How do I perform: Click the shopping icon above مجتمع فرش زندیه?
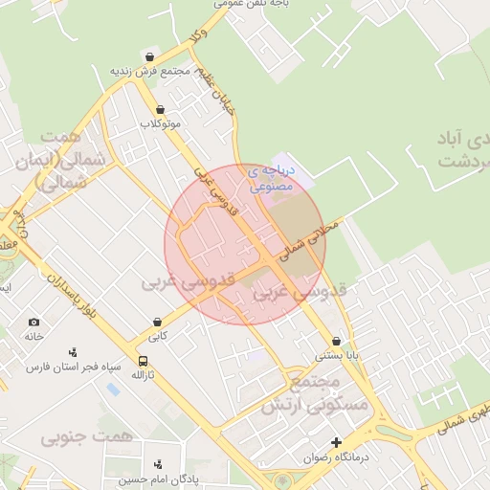point(148,56)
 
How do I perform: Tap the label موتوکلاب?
point(160,124)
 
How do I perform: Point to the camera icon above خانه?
point(34,323)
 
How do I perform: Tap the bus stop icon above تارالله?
point(143,362)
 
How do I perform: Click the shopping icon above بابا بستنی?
point(336,342)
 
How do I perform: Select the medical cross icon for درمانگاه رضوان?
point(336,442)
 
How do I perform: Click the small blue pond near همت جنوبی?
point(114,390)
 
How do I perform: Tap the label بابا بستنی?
point(338,356)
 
